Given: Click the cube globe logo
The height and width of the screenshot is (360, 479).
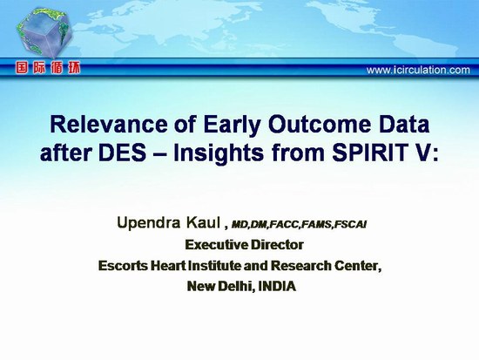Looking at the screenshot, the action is coord(44,32).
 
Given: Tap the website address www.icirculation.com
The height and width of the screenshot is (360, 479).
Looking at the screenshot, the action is coord(418,70).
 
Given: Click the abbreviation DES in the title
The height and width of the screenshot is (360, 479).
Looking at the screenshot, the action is coord(122,152).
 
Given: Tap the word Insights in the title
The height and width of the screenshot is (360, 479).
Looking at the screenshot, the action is coord(219,152).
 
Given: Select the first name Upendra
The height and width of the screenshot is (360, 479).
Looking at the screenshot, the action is coord(148,223).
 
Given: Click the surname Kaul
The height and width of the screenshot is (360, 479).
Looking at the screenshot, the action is coord(203,222).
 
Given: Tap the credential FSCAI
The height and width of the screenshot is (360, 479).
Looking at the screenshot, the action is coord(350,225).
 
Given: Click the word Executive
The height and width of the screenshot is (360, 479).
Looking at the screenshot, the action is coord(217,245).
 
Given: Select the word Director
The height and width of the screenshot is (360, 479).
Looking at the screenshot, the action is coord(277,245).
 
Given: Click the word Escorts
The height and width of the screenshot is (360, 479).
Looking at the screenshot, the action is coord(123,266).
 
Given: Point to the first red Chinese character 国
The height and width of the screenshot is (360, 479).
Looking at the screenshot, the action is coord(22,68).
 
